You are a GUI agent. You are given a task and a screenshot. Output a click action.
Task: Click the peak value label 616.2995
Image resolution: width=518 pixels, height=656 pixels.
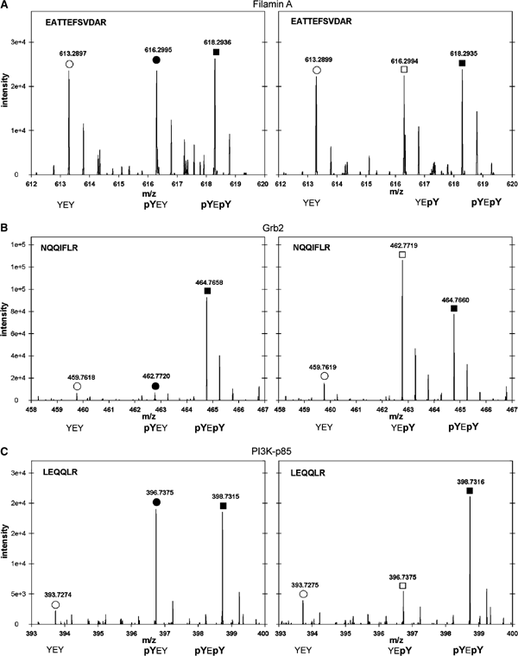[x=156, y=50]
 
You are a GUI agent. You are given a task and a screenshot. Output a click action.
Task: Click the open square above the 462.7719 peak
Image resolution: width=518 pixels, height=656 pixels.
[x=402, y=255]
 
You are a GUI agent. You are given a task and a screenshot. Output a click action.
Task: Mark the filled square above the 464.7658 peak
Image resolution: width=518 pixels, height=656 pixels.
[x=207, y=291]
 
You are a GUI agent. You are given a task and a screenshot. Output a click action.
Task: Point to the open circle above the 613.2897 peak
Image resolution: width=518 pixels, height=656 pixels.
[x=69, y=64]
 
